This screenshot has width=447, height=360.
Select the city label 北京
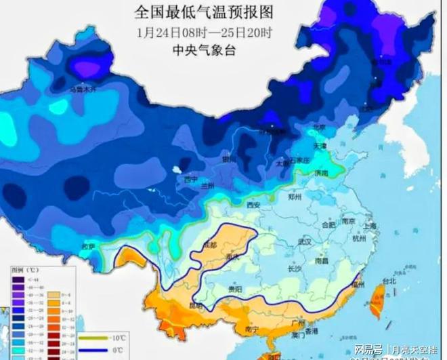click(x=318, y=127)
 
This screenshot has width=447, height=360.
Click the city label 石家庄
click(x=299, y=160)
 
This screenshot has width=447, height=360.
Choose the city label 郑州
click(x=294, y=199)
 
